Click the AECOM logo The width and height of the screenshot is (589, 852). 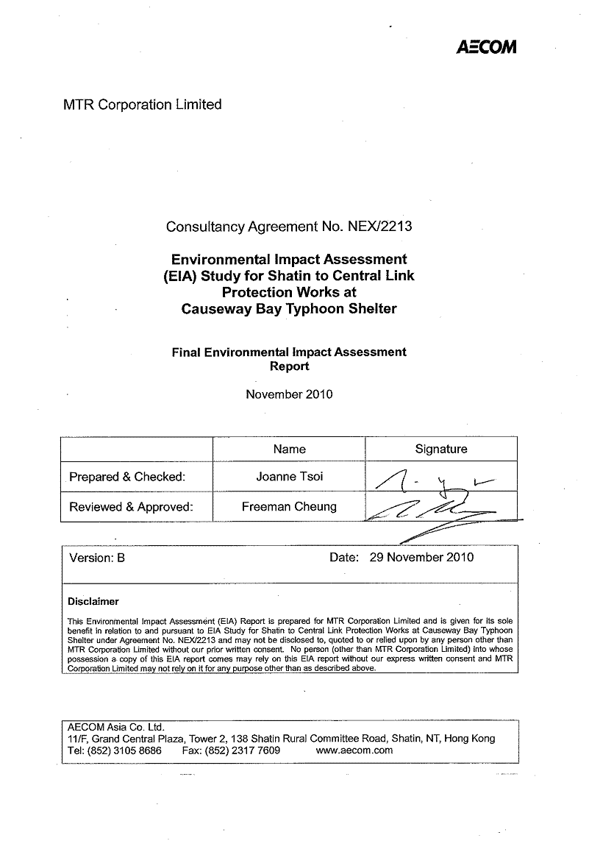(x=486, y=47)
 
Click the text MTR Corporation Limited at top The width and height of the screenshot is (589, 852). (x=143, y=104)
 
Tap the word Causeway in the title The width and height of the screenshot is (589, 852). (x=215, y=309)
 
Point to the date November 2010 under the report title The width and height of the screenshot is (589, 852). (x=289, y=394)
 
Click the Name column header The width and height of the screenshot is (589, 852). (x=289, y=449)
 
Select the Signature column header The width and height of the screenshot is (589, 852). (x=441, y=449)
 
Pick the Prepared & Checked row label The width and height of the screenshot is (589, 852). (x=127, y=477)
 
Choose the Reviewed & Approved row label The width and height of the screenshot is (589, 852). (x=131, y=507)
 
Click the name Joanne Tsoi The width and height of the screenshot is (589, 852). (x=289, y=477)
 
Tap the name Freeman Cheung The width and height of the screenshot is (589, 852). (x=289, y=507)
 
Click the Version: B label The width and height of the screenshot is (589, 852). (x=97, y=558)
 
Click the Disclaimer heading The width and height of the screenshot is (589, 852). (x=93, y=601)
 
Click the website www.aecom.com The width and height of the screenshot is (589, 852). (x=354, y=750)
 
